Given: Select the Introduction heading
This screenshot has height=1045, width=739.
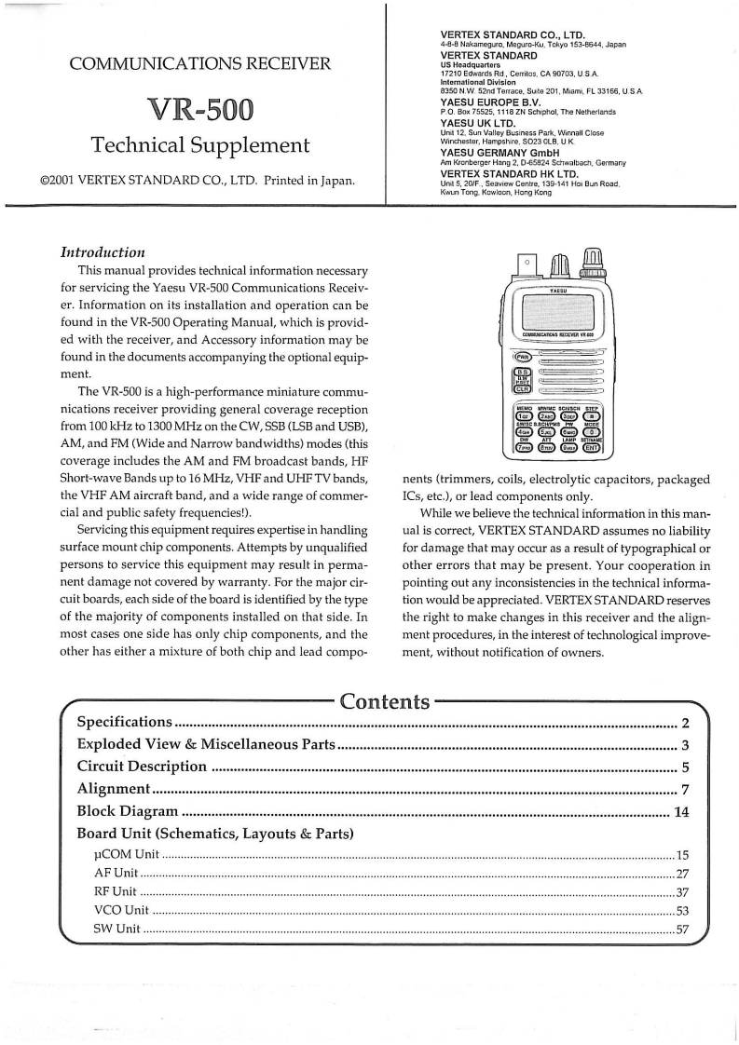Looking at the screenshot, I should (103, 251).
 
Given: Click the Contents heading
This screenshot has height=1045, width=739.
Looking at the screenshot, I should (385, 700).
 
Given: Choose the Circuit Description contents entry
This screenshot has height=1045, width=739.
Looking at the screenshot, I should (142, 767).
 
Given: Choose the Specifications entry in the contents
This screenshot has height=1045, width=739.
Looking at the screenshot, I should (125, 722).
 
